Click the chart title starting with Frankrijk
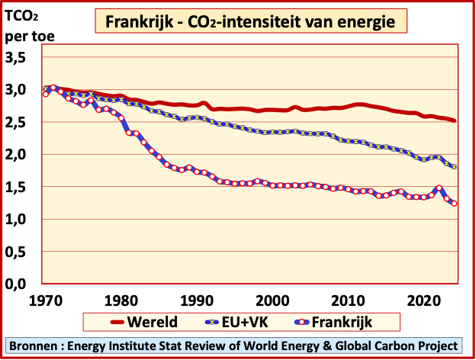click(249, 22)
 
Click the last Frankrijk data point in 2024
click(454, 203)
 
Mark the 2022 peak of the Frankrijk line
click(439, 188)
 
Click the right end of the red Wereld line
click(455, 121)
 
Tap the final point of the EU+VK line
click(454, 167)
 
